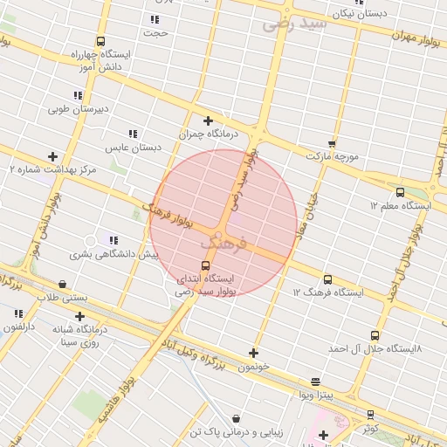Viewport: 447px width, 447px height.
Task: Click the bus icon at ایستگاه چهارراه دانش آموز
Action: click(x=101, y=41)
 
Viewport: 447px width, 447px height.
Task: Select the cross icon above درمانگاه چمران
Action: click(x=208, y=120)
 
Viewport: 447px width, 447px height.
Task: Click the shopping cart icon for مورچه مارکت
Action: click(x=332, y=143)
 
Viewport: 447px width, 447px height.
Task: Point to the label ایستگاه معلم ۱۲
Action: click(x=401, y=205)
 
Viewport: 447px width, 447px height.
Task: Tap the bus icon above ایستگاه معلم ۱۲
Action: click(x=400, y=192)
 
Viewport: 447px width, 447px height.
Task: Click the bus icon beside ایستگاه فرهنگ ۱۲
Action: click(x=327, y=279)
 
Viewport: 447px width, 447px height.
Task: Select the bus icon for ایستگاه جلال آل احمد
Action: click(x=375, y=335)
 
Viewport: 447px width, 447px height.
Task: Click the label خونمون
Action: click(x=253, y=367)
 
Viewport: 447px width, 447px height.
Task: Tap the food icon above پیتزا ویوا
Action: click(x=315, y=382)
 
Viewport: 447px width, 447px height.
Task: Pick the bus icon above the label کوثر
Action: click(x=370, y=415)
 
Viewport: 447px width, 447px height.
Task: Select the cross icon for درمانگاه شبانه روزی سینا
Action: click(x=80, y=316)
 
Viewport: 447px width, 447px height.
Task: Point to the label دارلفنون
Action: click(x=17, y=327)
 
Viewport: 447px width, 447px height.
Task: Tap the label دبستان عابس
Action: click(x=134, y=148)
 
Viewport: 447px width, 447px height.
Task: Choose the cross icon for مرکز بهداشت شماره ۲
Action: click(x=52, y=156)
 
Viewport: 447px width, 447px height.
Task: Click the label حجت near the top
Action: click(x=155, y=33)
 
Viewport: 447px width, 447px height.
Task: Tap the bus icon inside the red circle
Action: click(x=206, y=265)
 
